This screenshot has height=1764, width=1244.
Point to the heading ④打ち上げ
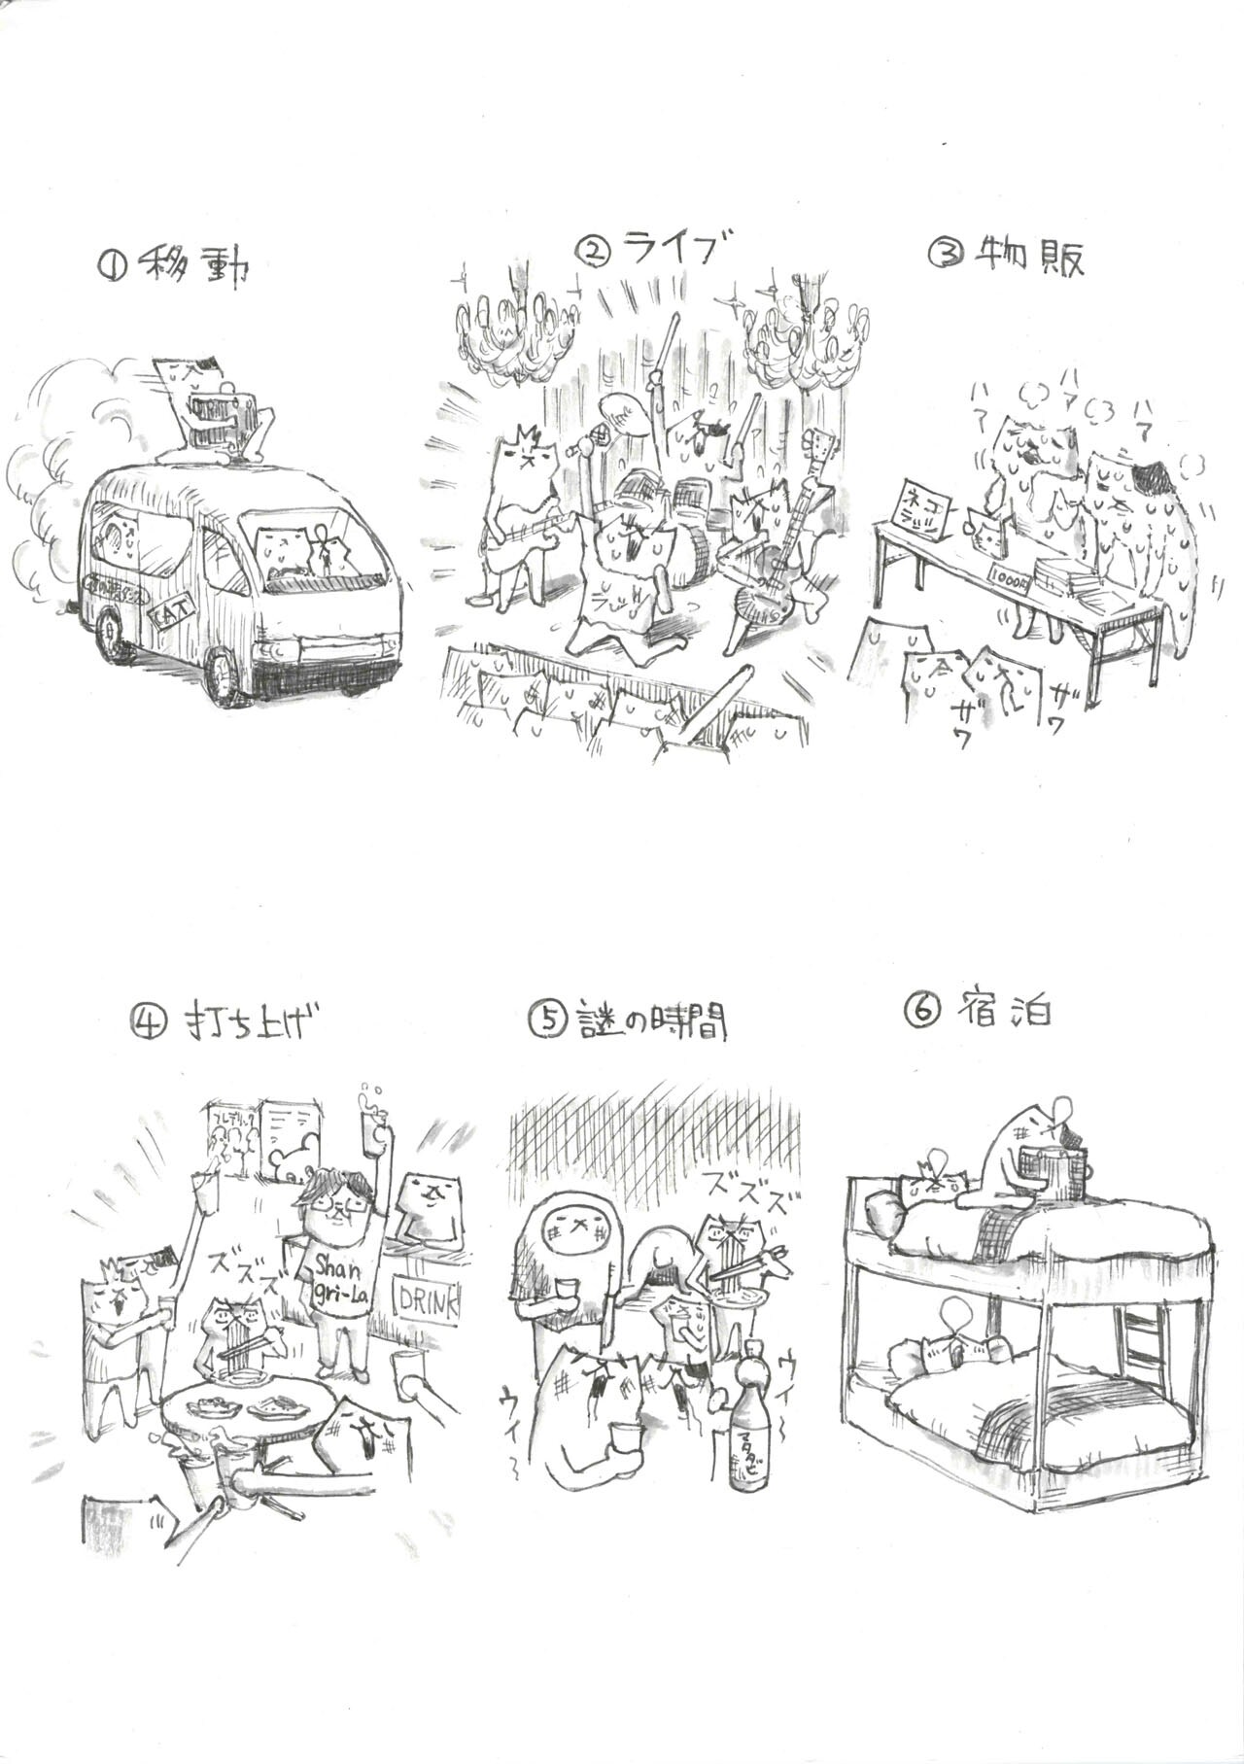pos(225,1021)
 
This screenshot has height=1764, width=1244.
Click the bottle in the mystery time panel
pos(750,1418)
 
